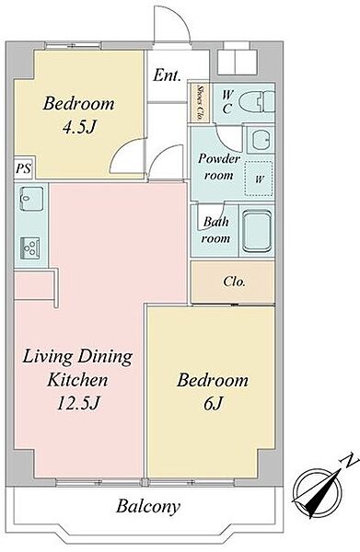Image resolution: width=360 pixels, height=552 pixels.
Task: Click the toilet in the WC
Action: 257,103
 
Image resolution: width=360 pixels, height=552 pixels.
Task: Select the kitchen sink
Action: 31,199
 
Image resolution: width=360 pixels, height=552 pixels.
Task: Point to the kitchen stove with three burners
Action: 30,247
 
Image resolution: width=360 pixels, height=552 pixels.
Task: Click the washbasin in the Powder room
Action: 261,140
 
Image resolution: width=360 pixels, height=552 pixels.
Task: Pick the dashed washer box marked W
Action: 259,178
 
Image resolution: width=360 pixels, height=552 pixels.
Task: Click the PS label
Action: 23,168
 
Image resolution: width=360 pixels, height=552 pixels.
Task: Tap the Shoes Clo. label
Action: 200,102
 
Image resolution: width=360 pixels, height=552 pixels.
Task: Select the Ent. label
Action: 167,75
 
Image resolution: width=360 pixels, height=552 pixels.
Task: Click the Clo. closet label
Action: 234,282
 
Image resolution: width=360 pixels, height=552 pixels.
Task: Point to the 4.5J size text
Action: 79,127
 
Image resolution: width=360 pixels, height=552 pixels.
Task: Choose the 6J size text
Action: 213,403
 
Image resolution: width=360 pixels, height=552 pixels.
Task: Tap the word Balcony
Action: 148,506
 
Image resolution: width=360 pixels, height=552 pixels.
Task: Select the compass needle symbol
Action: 317,492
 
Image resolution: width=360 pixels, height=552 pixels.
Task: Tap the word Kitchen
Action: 77,379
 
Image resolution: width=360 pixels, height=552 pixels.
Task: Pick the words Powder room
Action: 218,167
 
